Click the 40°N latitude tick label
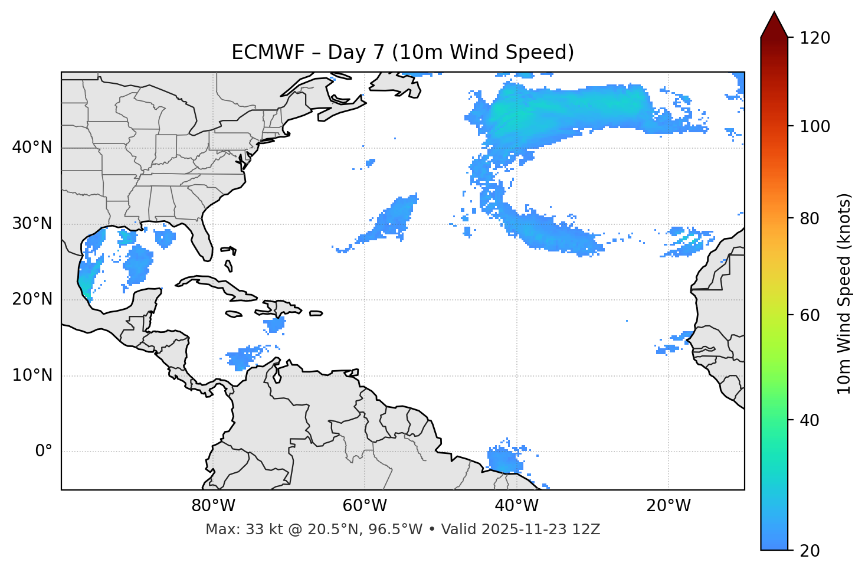[32, 148]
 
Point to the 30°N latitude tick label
[32, 224]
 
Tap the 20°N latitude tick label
[32, 299]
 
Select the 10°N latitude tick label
[32, 375]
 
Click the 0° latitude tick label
[44, 452]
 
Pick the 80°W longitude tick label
[213, 506]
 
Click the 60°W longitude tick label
[365, 506]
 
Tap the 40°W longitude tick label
[516, 506]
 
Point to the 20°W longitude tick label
[668, 506]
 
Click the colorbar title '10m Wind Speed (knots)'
[844, 293]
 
